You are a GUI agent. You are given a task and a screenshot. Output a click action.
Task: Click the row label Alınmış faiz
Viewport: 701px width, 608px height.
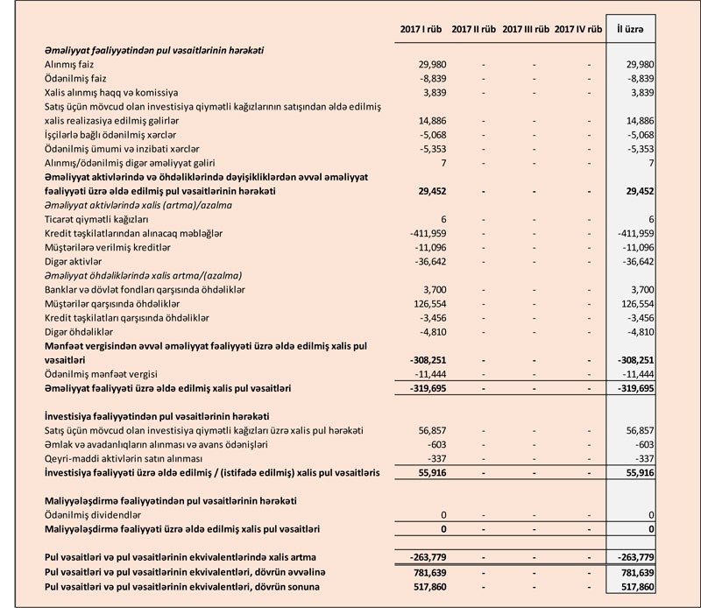[x=69, y=66]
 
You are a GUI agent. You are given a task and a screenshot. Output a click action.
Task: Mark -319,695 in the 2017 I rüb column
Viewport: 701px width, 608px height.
[x=416, y=387]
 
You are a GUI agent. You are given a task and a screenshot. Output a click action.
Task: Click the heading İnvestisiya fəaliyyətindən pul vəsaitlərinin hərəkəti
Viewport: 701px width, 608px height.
[x=156, y=415]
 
